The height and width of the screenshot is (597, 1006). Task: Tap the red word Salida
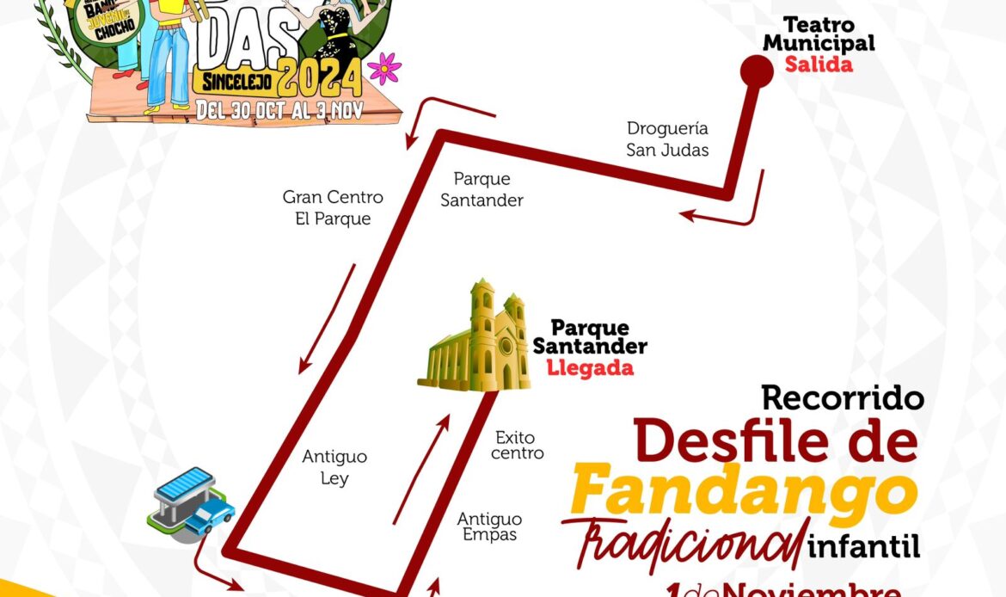pyautogui.click(x=819, y=65)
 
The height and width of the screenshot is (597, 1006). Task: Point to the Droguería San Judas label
pyautogui.click(x=668, y=139)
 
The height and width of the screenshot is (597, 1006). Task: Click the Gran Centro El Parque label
pyautogui.click(x=333, y=208)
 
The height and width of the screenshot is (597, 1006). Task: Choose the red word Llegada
pyautogui.click(x=590, y=368)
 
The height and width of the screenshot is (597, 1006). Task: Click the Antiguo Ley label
pyautogui.click(x=334, y=467)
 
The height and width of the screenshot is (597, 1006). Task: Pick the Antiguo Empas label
pyautogui.click(x=489, y=526)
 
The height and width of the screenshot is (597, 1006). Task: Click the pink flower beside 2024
pyautogui.click(x=383, y=67)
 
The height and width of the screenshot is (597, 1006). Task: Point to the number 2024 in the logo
pyautogui.click(x=320, y=82)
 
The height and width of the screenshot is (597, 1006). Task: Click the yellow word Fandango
pyautogui.click(x=743, y=488)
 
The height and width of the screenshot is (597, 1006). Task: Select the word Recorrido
pyautogui.click(x=843, y=397)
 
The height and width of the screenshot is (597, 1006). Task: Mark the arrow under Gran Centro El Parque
pyautogui.click(x=327, y=318)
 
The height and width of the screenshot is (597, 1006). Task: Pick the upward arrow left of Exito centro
pyautogui.click(x=421, y=469)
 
